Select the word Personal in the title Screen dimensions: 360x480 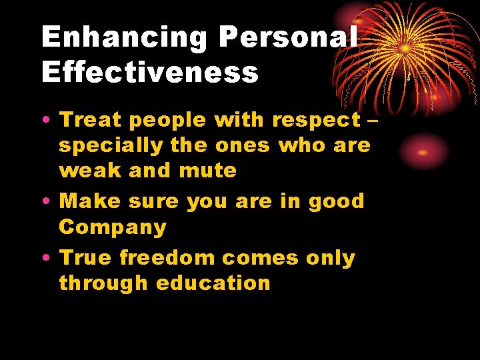click(288, 38)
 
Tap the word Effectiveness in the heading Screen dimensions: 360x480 click(150, 72)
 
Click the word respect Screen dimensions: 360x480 click(315, 121)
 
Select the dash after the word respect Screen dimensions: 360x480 click(372, 121)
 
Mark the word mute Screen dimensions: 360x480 click(207, 171)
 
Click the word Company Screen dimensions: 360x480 click(113, 228)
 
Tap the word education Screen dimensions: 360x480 click(213, 283)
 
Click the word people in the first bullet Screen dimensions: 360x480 click(169, 121)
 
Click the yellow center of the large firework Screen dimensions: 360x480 click(405, 49)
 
